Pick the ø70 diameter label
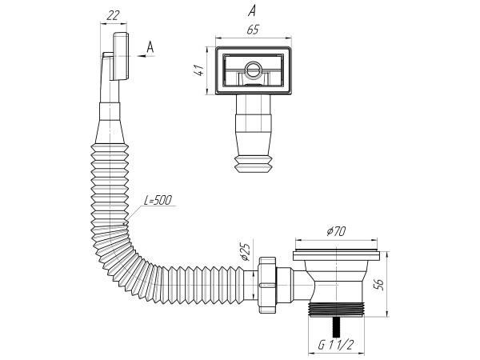335,232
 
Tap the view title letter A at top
252,10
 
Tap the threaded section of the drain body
336,310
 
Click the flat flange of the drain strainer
335,255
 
